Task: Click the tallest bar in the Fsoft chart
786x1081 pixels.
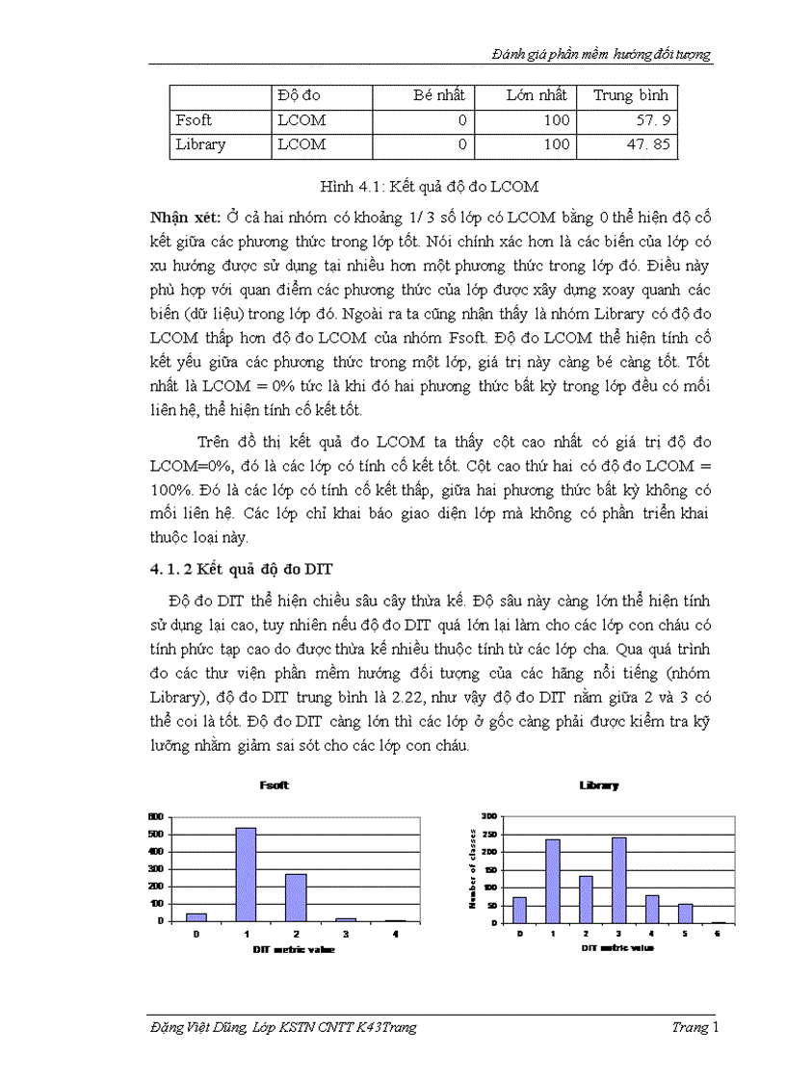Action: pos(246,874)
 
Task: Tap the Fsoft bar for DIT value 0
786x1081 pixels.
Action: pos(196,916)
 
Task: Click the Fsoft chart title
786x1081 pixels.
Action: pos(275,785)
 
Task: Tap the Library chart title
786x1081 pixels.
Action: pos(599,785)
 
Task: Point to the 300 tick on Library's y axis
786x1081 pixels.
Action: pos(488,815)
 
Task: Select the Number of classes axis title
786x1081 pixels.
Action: pos(473,868)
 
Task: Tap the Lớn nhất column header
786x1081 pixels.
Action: pos(540,95)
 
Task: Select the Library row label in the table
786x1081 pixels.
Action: pos(200,144)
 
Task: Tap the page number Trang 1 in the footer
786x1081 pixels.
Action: pos(694,1028)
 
